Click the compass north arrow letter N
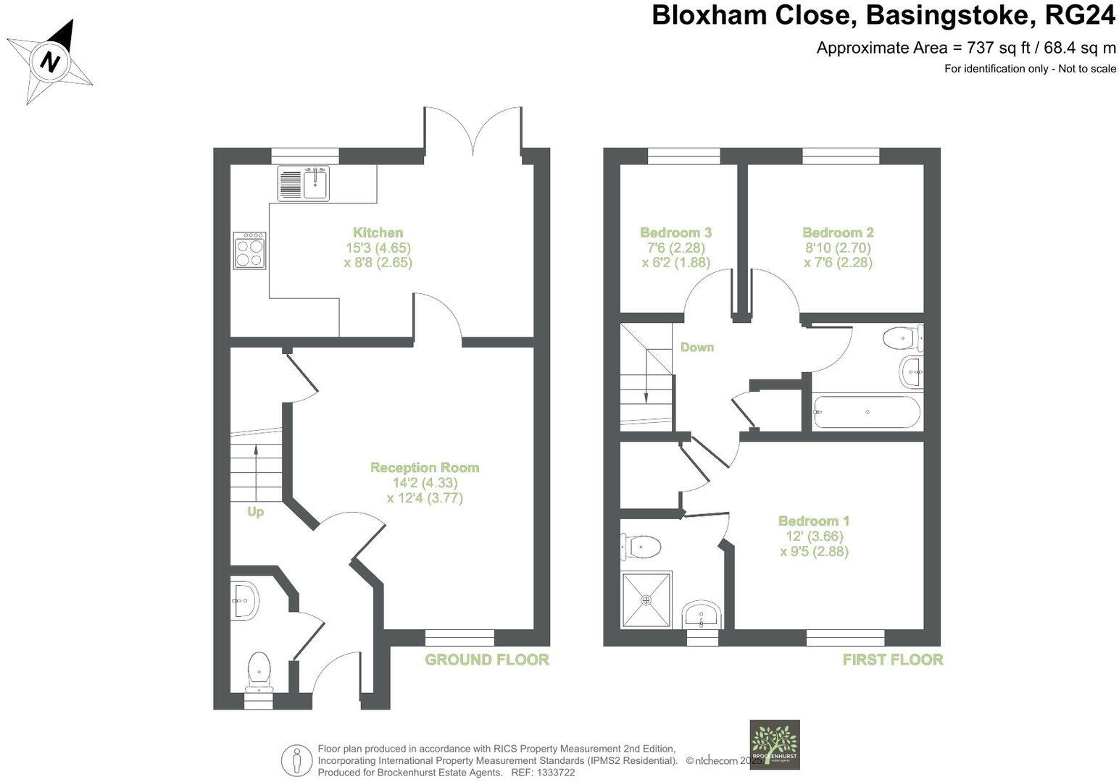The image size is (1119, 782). coord(50,62)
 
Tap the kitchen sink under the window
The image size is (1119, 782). coord(316,182)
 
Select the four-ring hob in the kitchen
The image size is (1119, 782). coord(249,251)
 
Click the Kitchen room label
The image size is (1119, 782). coord(378,232)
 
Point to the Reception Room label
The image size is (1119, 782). coord(425,468)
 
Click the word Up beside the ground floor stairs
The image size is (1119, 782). coord(255,512)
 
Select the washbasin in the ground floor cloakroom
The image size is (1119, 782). coord(244,600)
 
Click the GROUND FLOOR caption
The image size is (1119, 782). coord(486,660)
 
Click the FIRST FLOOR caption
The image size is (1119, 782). coord(892,660)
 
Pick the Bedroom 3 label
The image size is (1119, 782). coord(675,232)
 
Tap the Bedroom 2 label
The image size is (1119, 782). coord(838,232)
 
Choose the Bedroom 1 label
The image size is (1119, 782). coord(814,521)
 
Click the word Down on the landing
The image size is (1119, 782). coord(696,348)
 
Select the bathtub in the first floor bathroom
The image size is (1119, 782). coord(867,413)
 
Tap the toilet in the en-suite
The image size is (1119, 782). coord(641,547)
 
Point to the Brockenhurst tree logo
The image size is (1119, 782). coord(774,744)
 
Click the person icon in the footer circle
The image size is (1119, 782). coord(296,760)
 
